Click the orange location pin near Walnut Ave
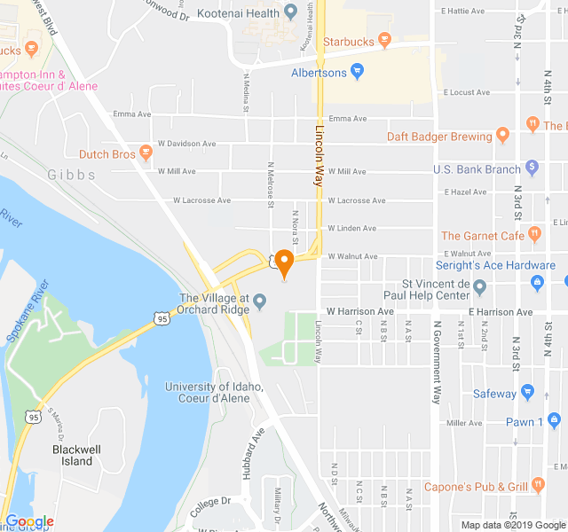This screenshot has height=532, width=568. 284,263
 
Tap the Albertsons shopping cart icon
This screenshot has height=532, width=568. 357,72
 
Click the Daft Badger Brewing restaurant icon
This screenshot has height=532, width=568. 502,136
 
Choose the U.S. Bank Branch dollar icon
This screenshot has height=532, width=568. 532,167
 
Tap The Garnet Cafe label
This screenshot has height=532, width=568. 482,236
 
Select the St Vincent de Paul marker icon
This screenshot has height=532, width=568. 480,287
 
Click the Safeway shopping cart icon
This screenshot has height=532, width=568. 527,393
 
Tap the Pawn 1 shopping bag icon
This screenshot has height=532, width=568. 555,421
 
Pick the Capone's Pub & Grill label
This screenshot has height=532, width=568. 475,487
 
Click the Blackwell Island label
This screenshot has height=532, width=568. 76,455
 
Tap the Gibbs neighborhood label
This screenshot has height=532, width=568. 72,176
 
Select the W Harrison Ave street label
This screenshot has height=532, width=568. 359,312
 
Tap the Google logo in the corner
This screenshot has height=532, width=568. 29,521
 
